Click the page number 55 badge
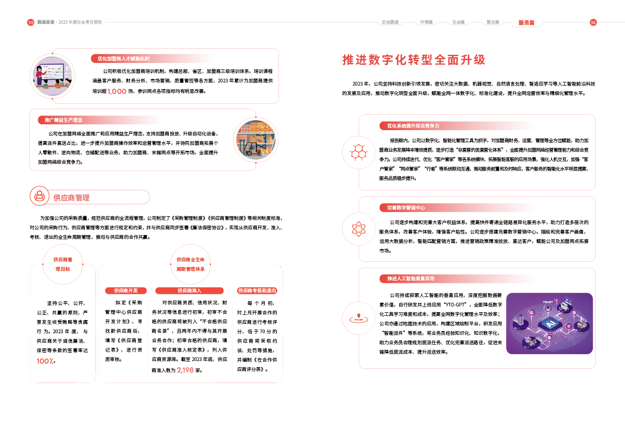click(x=31, y=23)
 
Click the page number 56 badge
click(x=594, y=23)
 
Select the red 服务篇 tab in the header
click(x=526, y=23)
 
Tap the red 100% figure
click(x=46, y=361)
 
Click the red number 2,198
click(x=186, y=370)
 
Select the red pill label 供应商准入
click(x=189, y=291)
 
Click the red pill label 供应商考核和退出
click(x=257, y=291)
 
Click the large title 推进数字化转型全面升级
click(x=414, y=59)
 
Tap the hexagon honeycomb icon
click(x=359, y=151)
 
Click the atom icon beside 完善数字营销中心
click(x=359, y=229)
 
